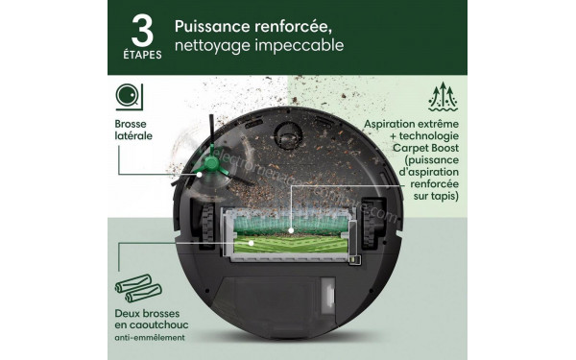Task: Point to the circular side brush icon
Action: tap(127, 95)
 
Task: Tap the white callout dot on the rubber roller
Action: tap(251, 245)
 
